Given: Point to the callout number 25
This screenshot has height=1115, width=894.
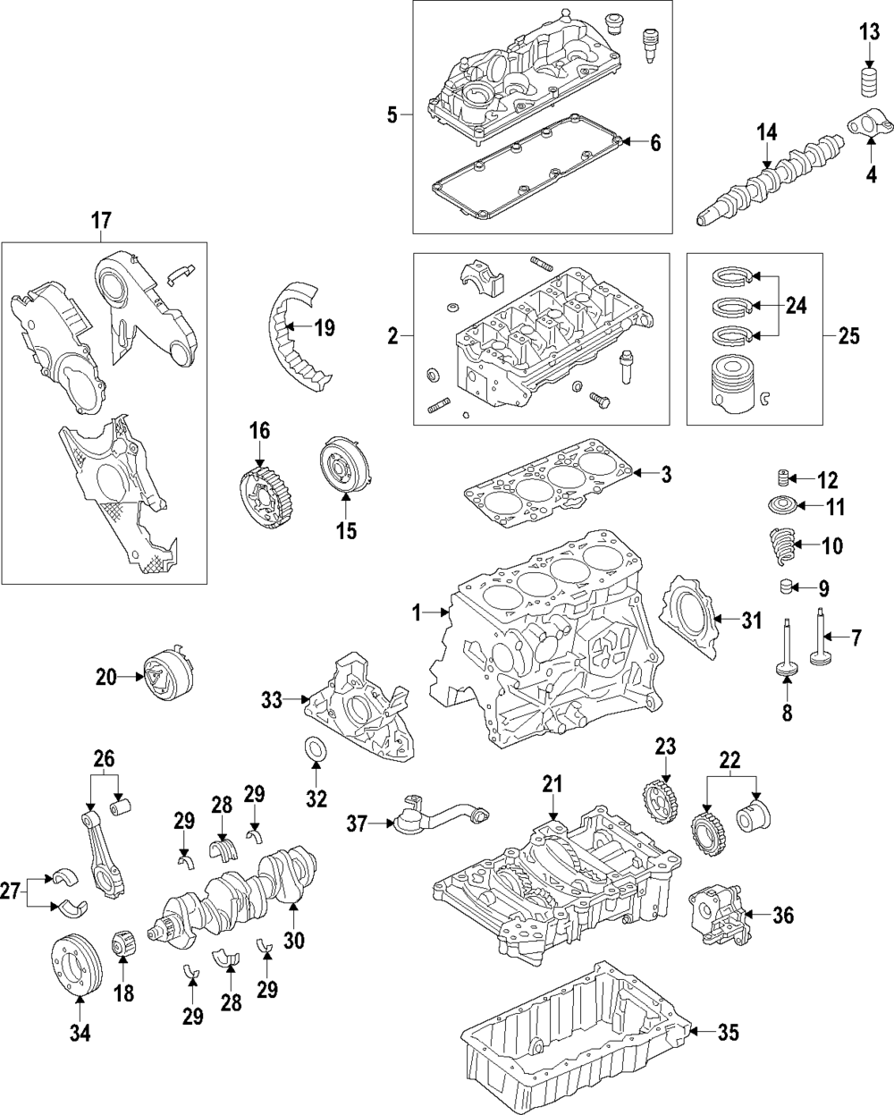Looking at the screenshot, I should (x=848, y=336).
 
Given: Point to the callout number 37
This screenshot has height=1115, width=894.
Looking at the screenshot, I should (x=357, y=824).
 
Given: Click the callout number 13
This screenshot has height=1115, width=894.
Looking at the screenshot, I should (x=870, y=34).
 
